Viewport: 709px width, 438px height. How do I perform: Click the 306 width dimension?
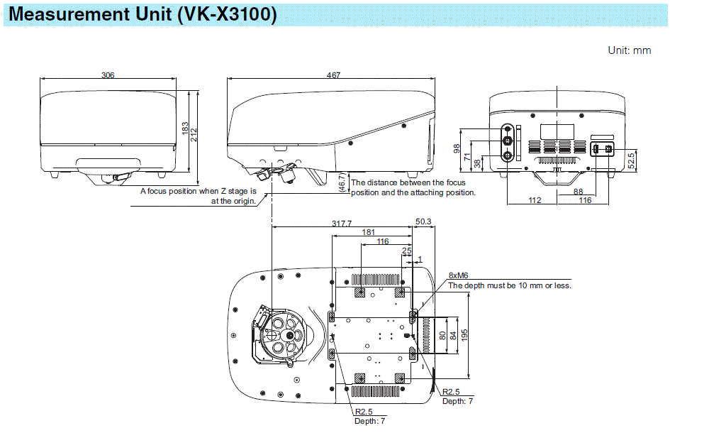tap(108, 75)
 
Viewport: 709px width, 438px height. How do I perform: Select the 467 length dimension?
tap(333, 75)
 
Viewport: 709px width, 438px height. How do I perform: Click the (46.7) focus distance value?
tap(342, 184)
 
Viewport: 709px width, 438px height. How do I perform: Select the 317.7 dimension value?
tap(342, 223)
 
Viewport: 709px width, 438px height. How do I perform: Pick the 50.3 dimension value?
tap(423, 222)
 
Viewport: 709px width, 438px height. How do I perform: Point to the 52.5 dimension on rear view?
tap(631, 160)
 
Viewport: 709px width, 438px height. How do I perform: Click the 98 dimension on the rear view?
tap(457, 148)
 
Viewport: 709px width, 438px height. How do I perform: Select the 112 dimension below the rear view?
tap(535, 200)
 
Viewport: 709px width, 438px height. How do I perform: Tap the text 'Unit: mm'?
tap(629, 50)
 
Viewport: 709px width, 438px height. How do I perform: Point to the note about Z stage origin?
tap(199, 196)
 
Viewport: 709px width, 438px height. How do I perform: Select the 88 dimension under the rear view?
tap(579, 191)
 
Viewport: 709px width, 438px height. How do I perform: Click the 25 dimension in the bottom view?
tap(406, 251)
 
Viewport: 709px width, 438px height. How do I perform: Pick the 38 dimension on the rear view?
tap(477, 163)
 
